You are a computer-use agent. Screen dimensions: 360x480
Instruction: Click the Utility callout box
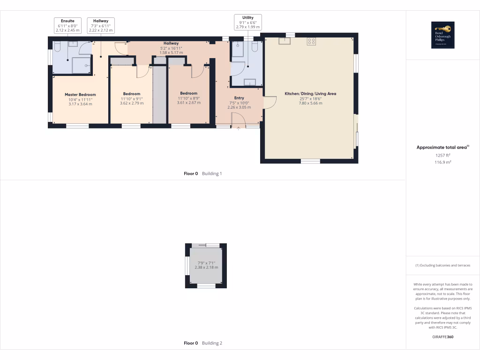[x=247, y=22]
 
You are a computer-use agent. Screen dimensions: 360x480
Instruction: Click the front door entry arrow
[x=239, y=128]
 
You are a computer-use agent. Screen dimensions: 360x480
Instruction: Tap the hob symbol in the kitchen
[x=311, y=41]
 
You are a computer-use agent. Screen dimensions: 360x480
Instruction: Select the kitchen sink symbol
[x=285, y=41]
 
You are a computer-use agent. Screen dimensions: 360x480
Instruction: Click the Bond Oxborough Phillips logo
[x=442, y=35]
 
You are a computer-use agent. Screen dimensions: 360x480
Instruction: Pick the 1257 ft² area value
[x=442, y=155]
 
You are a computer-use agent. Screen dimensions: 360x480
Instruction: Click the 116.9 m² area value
[x=442, y=162]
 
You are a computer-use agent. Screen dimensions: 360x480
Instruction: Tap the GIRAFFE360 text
[x=442, y=337]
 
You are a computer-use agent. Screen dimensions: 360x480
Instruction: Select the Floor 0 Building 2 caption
[x=202, y=343]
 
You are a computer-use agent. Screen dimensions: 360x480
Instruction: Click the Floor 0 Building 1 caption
[x=202, y=173]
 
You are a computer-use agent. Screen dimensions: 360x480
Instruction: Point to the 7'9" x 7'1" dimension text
[x=206, y=264]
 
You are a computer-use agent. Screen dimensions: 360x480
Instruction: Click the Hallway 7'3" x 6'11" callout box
[x=101, y=25]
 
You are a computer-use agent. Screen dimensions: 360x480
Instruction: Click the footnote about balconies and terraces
[x=442, y=265]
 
